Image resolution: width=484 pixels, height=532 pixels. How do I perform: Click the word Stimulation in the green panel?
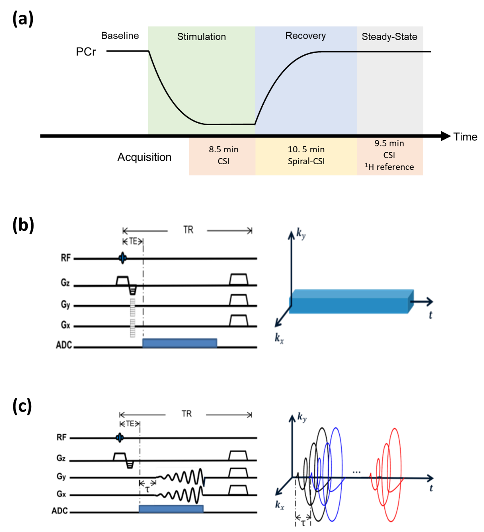(x=201, y=37)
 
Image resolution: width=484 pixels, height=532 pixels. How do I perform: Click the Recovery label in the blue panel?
(x=305, y=36)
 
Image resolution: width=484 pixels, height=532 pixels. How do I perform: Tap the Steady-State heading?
(x=389, y=37)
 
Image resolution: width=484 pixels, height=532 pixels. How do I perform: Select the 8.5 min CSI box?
(x=223, y=156)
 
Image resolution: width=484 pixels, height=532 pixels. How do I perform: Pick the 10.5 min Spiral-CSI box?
(x=306, y=156)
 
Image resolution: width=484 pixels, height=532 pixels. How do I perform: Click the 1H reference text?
(x=389, y=167)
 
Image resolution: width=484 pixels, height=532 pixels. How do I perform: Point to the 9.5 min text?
(x=389, y=144)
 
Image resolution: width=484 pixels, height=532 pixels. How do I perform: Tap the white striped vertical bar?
(x=132, y=317)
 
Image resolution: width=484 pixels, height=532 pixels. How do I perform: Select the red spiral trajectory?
(x=388, y=475)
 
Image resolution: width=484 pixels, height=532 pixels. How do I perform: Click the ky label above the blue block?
(x=301, y=235)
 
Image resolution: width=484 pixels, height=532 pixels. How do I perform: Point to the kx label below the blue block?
(x=280, y=338)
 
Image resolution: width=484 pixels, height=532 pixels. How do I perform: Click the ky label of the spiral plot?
(x=302, y=417)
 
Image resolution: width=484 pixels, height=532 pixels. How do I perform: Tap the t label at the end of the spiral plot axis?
(x=431, y=488)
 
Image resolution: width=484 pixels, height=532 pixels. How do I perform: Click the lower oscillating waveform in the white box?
(x=180, y=495)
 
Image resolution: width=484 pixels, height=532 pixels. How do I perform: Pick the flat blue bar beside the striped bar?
(x=179, y=343)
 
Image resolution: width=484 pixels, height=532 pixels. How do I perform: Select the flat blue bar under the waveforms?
(x=171, y=509)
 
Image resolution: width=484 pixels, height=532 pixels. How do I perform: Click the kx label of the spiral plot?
(x=280, y=505)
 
